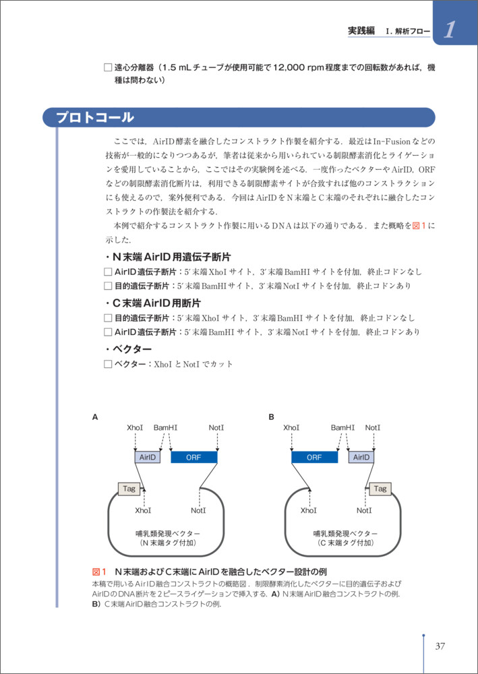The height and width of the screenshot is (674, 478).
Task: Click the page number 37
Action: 440,646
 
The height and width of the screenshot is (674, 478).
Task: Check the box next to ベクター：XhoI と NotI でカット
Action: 108,364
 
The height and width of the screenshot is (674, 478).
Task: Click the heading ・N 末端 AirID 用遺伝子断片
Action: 167,257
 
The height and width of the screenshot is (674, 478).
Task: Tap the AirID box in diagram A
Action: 148,457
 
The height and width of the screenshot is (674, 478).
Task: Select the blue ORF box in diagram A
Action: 194,457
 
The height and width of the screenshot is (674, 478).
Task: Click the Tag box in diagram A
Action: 128,489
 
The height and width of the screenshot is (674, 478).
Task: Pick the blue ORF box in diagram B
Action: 314,457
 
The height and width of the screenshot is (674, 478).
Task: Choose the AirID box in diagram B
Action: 361,457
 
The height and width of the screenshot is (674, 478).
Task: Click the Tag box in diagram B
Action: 380,489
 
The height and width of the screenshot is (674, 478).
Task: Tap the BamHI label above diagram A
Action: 165,427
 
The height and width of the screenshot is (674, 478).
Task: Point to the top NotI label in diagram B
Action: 373,427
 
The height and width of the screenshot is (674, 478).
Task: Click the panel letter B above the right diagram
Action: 272,417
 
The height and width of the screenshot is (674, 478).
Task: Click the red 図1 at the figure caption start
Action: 99,570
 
